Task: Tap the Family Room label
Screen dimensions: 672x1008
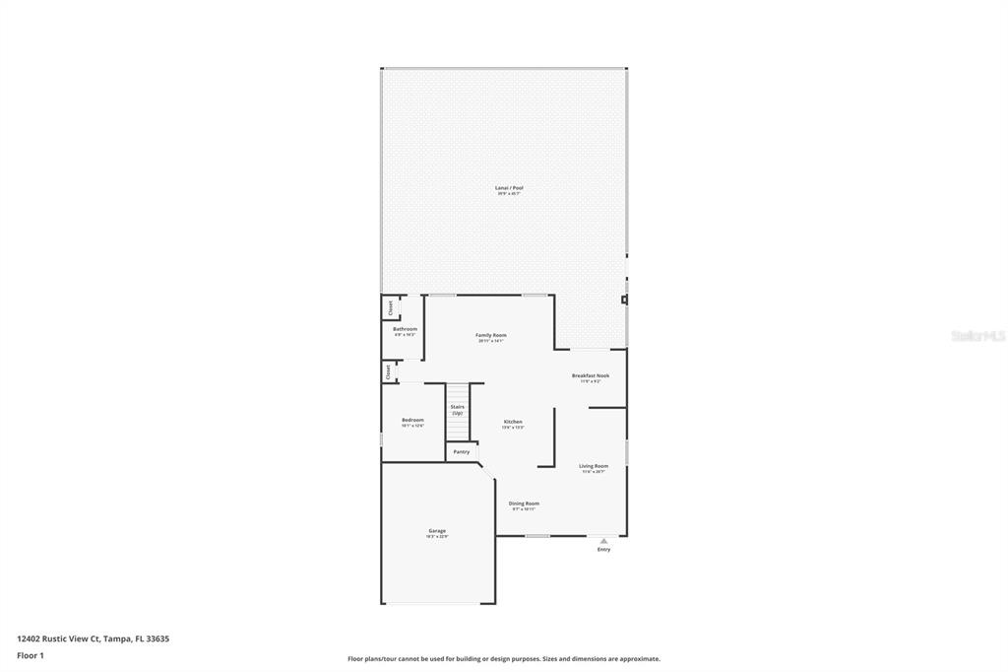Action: tap(490, 335)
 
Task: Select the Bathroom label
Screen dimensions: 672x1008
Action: tap(405, 328)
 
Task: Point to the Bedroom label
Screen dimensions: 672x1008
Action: tap(412, 421)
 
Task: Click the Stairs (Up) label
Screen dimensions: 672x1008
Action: tap(458, 409)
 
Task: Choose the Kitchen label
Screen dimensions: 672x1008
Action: tap(513, 422)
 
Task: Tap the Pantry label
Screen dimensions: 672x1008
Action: tap(461, 451)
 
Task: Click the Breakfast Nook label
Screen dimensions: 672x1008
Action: tap(591, 375)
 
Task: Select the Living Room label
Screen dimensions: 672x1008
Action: tap(593, 466)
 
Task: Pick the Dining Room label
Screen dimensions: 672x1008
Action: tap(524, 504)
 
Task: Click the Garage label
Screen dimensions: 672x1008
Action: tap(436, 531)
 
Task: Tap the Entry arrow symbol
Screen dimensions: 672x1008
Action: tap(603, 540)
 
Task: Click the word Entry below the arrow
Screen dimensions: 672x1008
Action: tap(603, 549)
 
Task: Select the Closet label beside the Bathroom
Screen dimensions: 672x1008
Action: tap(389, 306)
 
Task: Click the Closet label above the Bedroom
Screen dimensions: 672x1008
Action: tap(388, 371)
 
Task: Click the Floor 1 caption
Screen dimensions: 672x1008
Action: tap(31, 655)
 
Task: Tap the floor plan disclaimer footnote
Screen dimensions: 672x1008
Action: tap(503, 659)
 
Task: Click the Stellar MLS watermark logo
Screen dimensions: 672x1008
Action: tap(977, 336)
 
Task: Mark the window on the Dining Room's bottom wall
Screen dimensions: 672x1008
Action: tap(536, 536)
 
